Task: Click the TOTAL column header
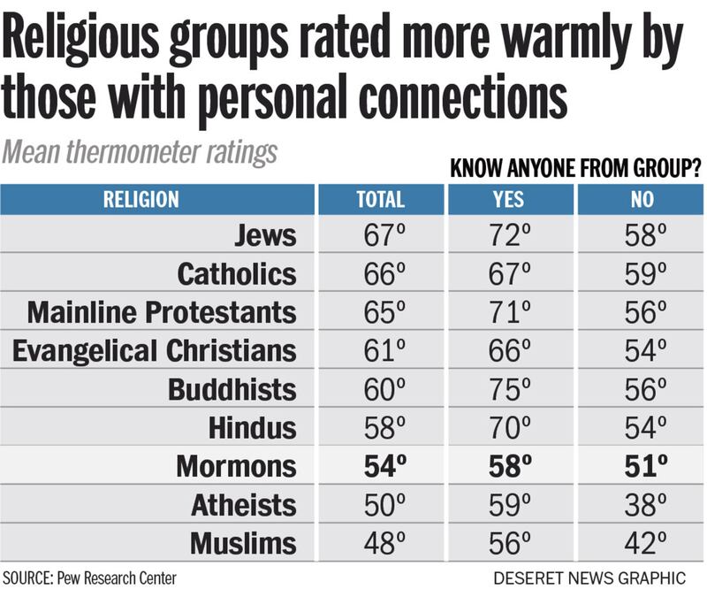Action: pyautogui.click(x=380, y=199)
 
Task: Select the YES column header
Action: pyautogui.click(x=510, y=199)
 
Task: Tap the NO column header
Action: pyautogui.click(x=640, y=199)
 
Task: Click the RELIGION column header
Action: pyautogui.click(x=141, y=199)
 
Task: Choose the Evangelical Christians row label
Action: pyautogui.click(x=155, y=350)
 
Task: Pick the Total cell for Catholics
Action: pyautogui.click(x=381, y=274)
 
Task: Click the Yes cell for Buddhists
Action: pyautogui.click(x=511, y=389)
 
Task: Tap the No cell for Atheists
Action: pyautogui.click(x=641, y=504)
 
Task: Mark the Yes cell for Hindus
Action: pyautogui.click(x=511, y=427)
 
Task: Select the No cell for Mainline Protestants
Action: pyautogui.click(x=641, y=312)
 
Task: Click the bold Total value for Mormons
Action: pyautogui.click(x=381, y=465)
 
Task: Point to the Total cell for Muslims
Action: pyautogui.click(x=381, y=542)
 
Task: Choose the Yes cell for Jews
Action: pyautogui.click(x=511, y=236)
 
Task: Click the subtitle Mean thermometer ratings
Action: pyautogui.click(x=140, y=151)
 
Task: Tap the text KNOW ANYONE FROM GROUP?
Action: pyautogui.click(x=575, y=169)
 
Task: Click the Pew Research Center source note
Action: pyautogui.click(x=89, y=578)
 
